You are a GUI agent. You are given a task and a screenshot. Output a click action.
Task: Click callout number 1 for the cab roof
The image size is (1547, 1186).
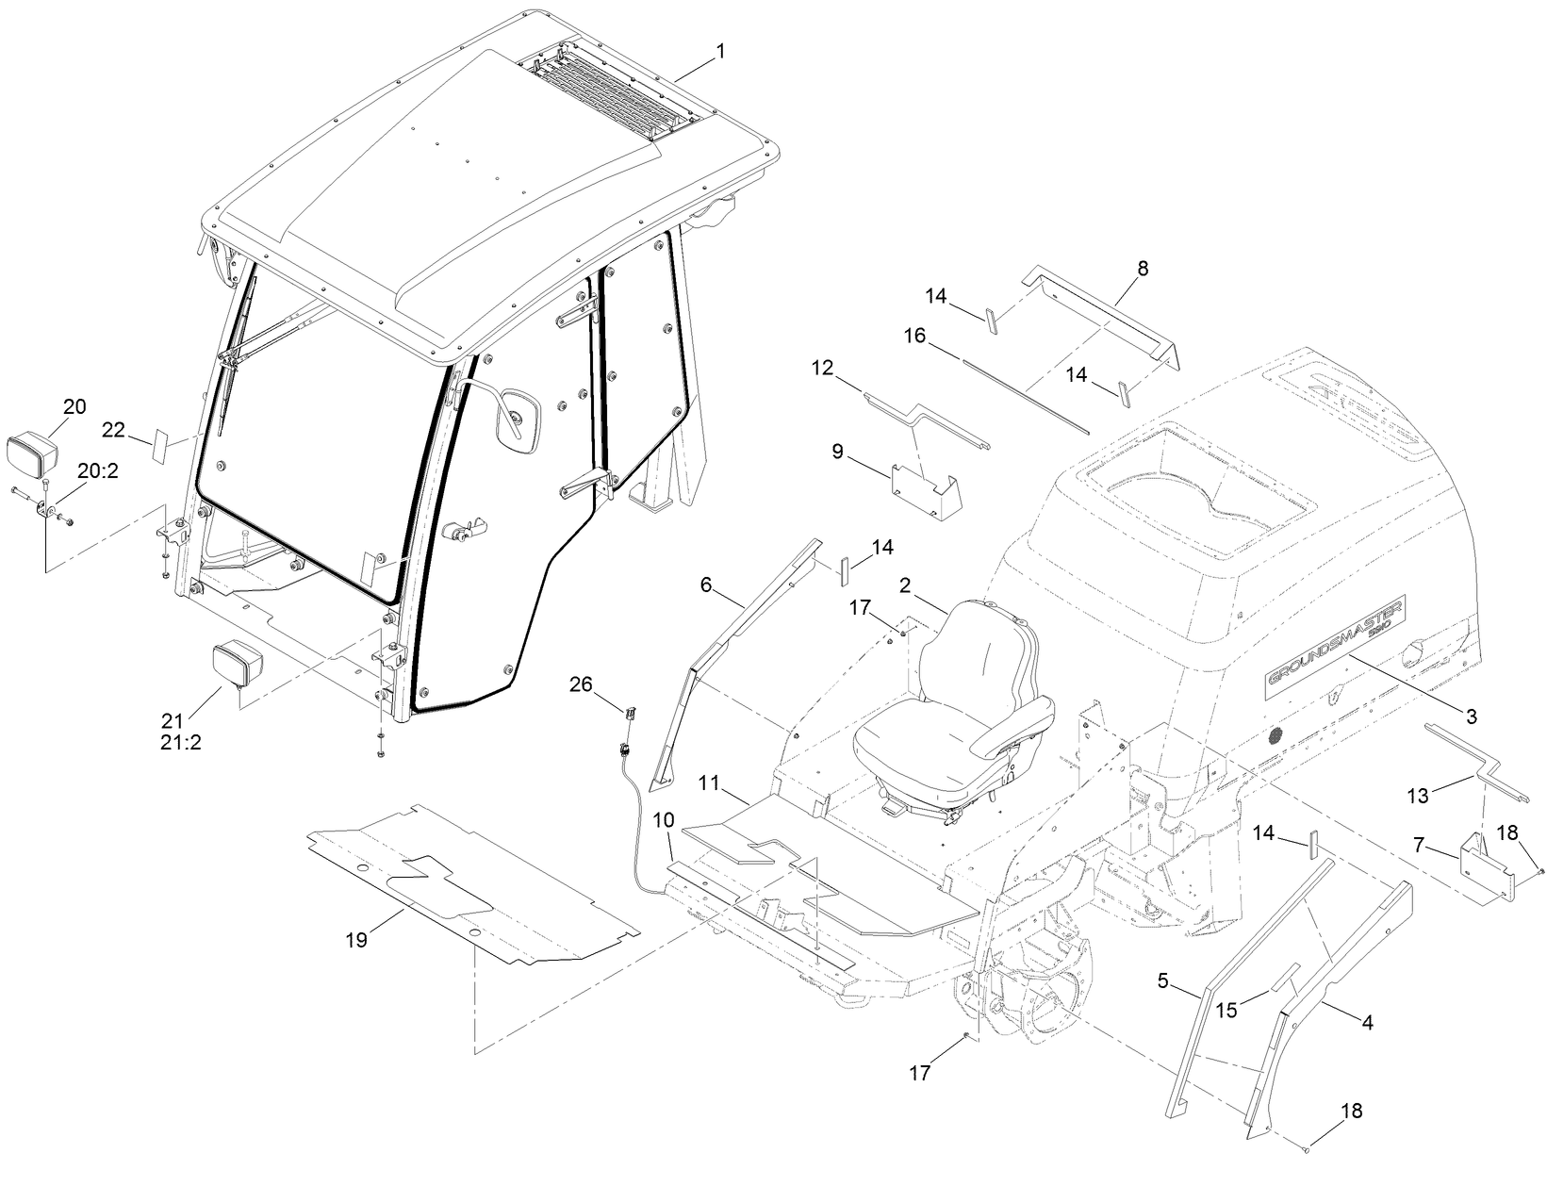click(x=720, y=52)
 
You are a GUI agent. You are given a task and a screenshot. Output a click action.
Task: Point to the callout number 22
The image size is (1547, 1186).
click(x=114, y=430)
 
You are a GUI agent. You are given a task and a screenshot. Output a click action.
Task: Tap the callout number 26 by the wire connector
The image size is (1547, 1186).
click(x=582, y=684)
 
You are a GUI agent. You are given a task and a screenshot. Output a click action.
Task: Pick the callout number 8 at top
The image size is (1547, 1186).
click(x=1143, y=269)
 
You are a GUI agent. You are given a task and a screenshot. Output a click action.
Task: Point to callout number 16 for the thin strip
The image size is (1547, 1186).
click(x=914, y=337)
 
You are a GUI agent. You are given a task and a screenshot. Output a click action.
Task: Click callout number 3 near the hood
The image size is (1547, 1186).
click(x=1471, y=717)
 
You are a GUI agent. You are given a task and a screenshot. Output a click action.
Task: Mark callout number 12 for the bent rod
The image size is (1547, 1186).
click(x=822, y=368)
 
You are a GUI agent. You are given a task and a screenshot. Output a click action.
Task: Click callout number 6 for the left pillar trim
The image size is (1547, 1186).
click(x=706, y=585)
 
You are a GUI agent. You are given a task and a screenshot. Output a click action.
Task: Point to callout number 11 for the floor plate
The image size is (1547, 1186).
click(x=710, y=783)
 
